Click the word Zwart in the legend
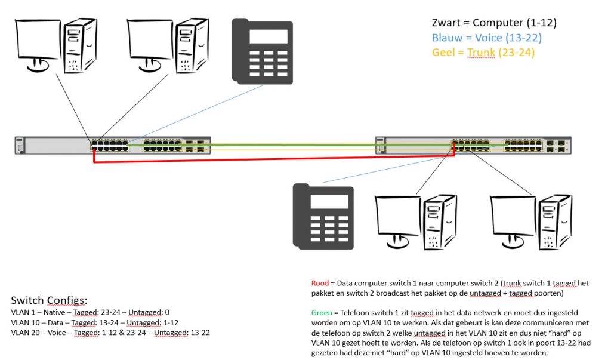446,23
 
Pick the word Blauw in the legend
447,38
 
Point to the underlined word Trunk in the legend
481,52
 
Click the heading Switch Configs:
48,300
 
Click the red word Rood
320,282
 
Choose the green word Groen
322,312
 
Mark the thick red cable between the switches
269,158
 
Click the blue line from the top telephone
197,111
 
